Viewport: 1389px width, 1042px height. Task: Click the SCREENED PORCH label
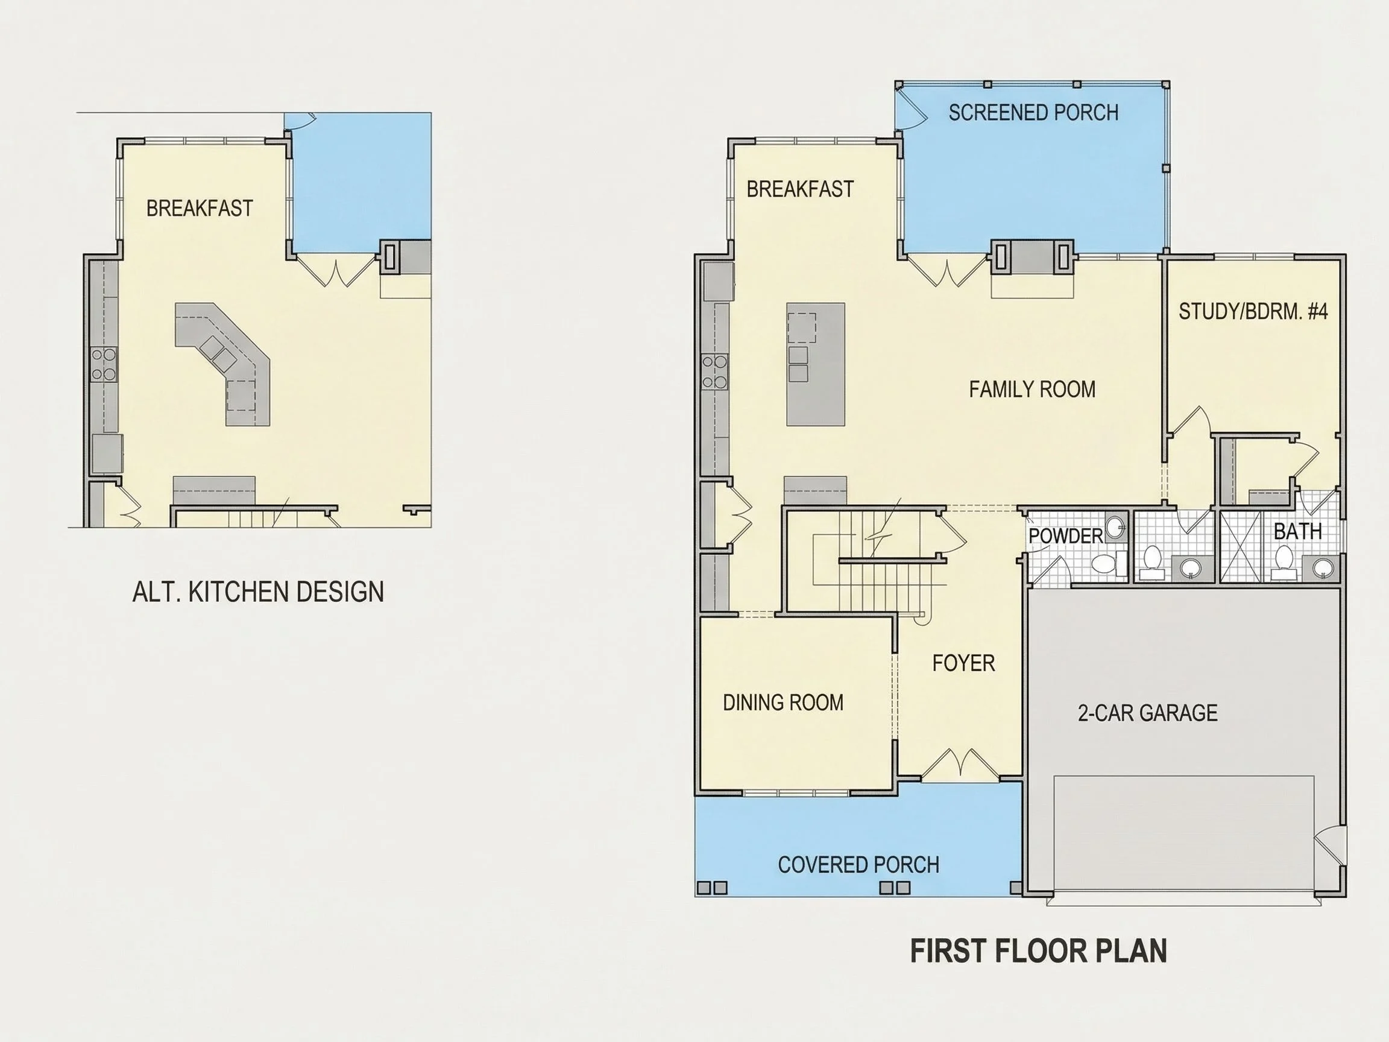click(1033, 112)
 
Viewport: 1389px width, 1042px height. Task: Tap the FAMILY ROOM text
click(1032, 390)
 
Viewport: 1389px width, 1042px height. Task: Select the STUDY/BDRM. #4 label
click(1253, 312)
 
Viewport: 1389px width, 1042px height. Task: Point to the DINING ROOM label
click(783, 702)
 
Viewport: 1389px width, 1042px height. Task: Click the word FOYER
click(963, 663)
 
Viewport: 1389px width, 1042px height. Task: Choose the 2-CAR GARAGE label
click(1148, 713)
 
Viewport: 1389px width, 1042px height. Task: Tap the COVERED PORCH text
click(858, 865)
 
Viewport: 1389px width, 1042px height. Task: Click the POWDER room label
click(1066, 535)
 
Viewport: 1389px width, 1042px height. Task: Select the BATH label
click(1297, 531)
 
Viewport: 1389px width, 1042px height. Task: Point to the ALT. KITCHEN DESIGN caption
click(258, 592)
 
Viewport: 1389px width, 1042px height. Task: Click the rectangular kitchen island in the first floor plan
click(816, 364)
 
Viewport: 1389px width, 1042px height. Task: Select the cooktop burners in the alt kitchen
click(104, 364)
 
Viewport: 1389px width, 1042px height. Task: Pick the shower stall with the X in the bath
click(1239, 545)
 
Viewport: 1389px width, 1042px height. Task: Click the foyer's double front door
click(960, 765)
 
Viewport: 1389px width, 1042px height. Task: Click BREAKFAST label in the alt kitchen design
click(200, 208)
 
